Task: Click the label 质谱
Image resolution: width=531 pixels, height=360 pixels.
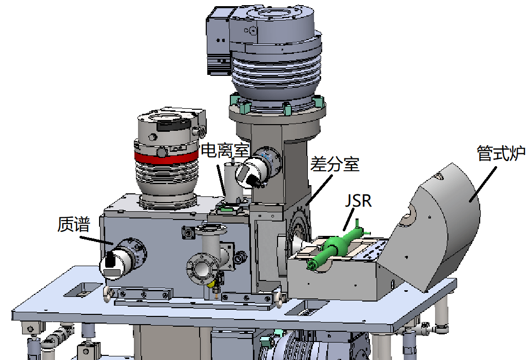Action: coord(74,224)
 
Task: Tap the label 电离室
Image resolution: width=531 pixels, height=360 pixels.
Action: coord(225,150)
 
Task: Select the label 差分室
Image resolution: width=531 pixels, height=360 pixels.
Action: coord(335,164)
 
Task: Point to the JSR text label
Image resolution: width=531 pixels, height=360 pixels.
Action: coord(358,201)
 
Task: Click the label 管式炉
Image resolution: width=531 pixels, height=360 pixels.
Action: coord(501,153)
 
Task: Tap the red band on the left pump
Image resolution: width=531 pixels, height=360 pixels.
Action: coord(166,157)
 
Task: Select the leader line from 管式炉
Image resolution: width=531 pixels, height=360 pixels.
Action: coord(483,184)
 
